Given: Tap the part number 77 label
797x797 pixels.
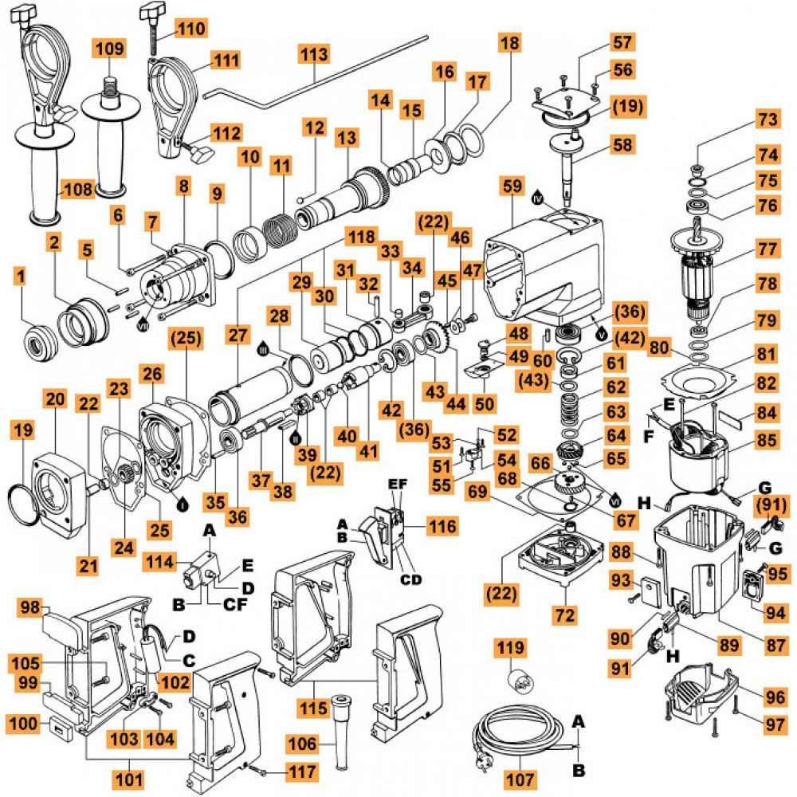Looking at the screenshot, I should [767, 249].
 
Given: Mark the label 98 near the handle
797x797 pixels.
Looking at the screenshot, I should [30, 608].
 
